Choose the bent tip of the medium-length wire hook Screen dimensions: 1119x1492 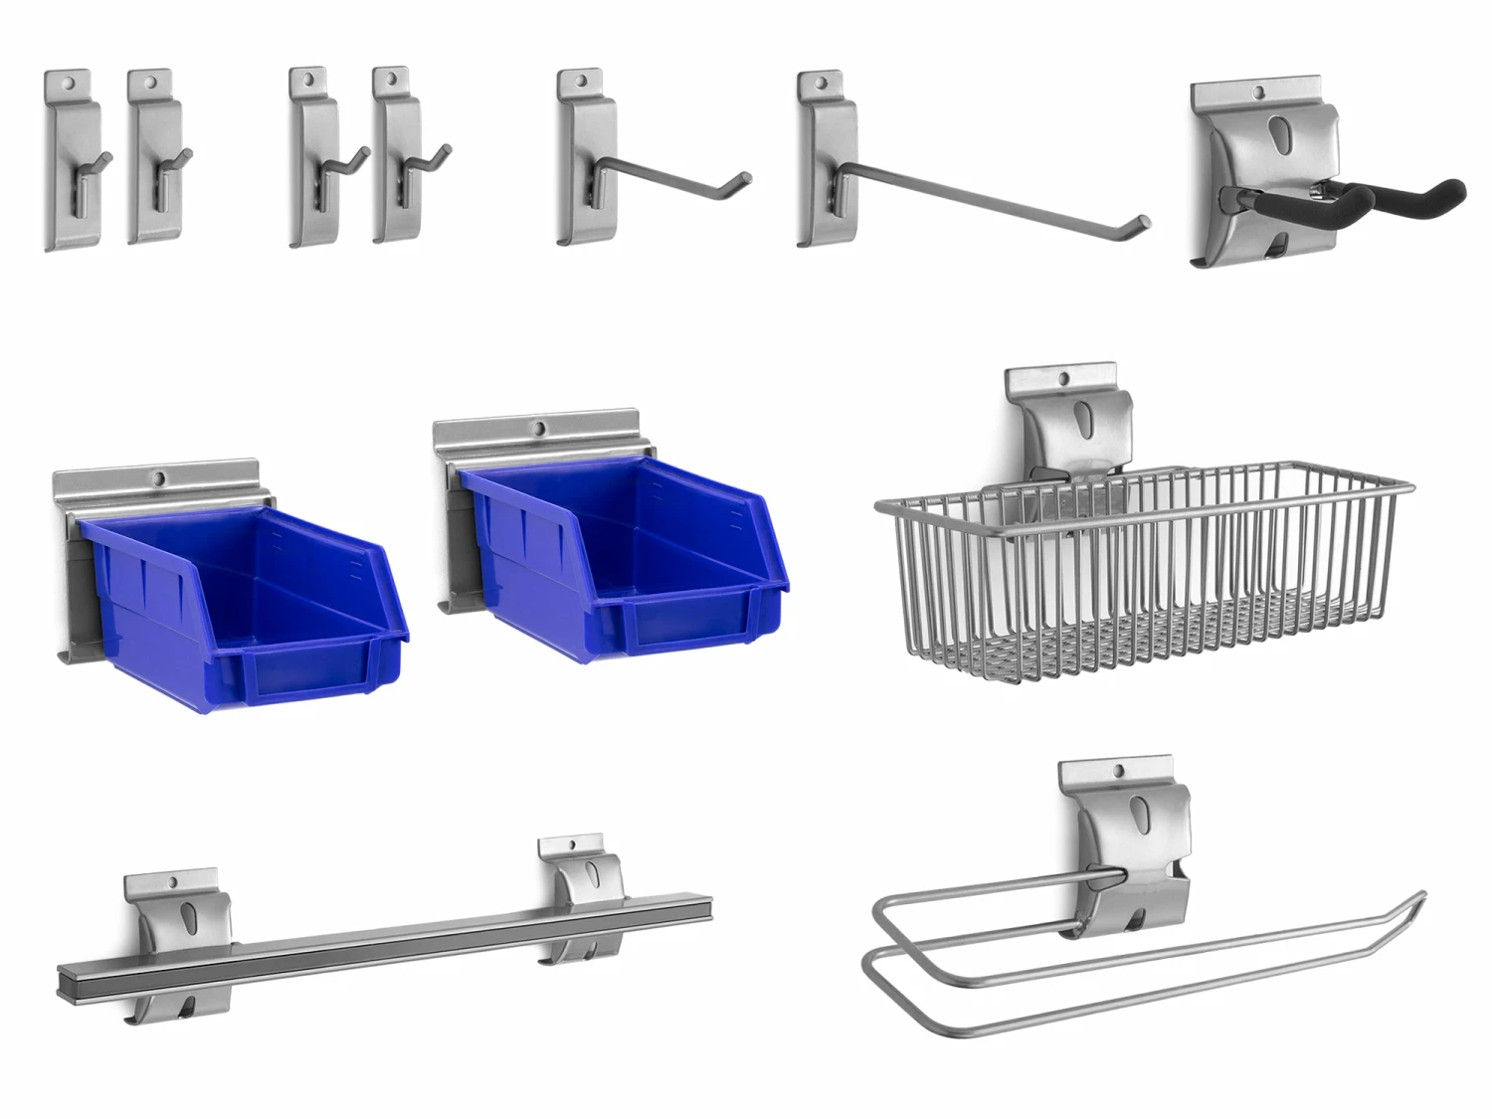(x=740, y=180)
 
